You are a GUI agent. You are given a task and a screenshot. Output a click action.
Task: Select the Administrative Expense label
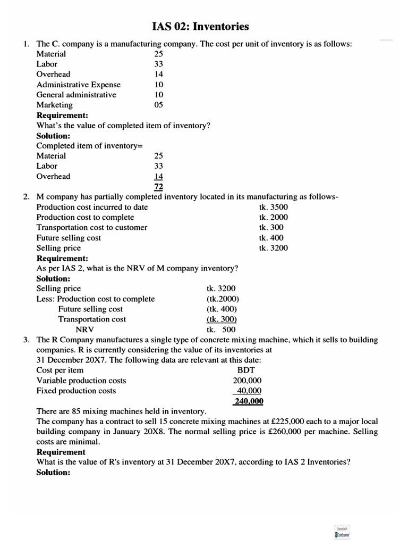click(78, 85)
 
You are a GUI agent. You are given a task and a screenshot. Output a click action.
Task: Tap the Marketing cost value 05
click(158, 105)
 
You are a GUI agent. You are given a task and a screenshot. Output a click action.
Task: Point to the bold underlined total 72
click(158, 187)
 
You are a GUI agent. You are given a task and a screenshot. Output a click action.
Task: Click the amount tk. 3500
click(274, 207)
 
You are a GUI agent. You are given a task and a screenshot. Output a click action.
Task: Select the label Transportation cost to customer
click(92, 227)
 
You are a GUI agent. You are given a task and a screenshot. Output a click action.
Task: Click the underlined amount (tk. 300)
click(221, 319)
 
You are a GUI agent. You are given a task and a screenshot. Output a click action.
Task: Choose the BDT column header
click(247, 370)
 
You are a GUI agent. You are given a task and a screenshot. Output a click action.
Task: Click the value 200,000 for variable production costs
click(247, 381)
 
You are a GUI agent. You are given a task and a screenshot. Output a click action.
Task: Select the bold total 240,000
click(249, 401)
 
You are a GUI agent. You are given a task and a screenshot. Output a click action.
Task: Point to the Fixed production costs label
click(76, 391)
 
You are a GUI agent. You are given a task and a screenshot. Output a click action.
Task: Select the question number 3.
click(26, 340)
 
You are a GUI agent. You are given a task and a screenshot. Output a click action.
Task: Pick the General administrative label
click(76, 95)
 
